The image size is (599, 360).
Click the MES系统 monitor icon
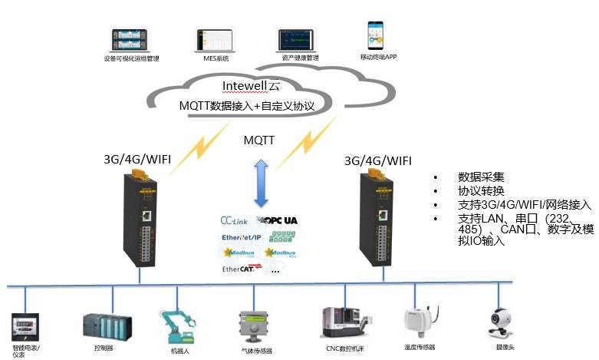(x=213, y=40)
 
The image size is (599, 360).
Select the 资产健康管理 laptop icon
(x=297, y=40)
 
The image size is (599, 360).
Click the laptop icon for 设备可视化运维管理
(x=131, y=40)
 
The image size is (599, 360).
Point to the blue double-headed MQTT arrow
(x=261, y=182)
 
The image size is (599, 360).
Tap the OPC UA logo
(x=279, y=220)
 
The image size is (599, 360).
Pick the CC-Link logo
(x=234, y=220)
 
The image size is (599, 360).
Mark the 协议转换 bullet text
(x=481, y=190)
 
